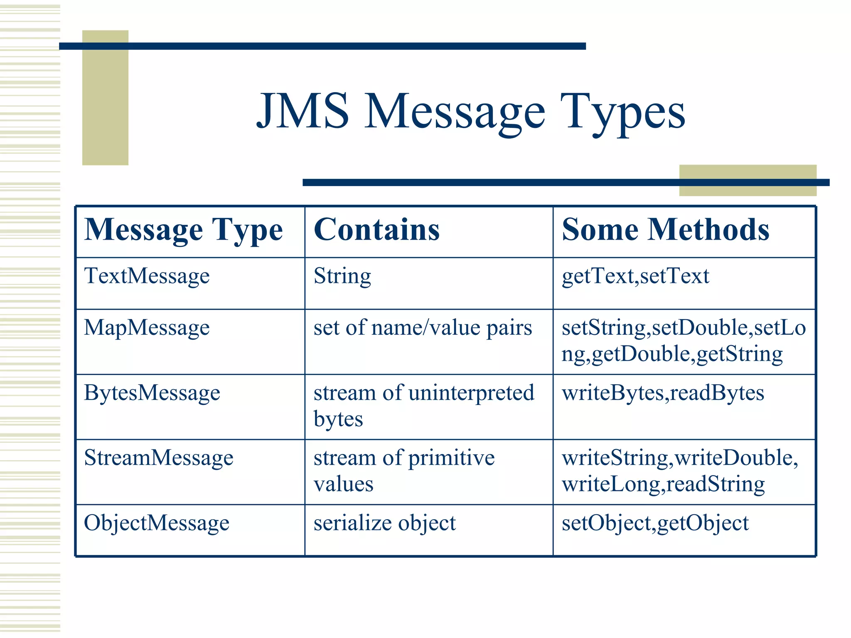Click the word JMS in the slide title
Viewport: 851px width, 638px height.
point(303,111)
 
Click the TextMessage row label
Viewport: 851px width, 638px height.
point(147,276)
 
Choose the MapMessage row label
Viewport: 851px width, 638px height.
point(147,328)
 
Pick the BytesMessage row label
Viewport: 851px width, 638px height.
point(152,393)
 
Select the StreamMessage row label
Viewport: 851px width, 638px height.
point(159,458)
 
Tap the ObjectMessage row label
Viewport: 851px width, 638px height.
point(157,523)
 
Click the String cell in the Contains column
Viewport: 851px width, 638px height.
point(342,276)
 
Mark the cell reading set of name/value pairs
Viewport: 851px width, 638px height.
point(423,328)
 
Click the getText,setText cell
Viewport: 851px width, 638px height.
point(635,276)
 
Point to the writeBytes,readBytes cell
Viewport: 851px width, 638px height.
point(663,393)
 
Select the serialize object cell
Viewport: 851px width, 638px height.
point(384,523)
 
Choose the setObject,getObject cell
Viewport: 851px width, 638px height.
point(655,523)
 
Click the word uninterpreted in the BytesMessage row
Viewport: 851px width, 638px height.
point(471,393)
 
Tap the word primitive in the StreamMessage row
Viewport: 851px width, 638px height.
point(451,458)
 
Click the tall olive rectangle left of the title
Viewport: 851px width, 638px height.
point(105,98)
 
